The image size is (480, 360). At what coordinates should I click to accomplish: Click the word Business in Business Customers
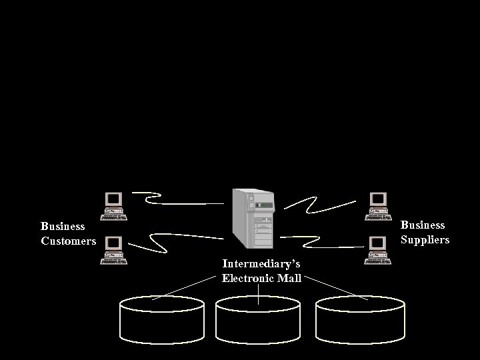click(x=63, y=227)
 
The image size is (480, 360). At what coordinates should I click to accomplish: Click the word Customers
click(x=69, y=241)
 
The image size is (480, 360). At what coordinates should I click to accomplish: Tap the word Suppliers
click(x=425, y=240)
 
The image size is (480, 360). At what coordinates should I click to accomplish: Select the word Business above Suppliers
click(x=423, y=225)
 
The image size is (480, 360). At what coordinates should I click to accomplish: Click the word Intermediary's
click(x=261, y=264)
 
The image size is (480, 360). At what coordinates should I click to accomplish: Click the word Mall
click(x=289, y=278)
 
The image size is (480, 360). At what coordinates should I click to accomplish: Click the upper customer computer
click(x=113, y=205)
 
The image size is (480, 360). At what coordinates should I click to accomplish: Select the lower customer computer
click(x=113, y=250)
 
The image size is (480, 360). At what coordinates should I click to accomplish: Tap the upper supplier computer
click(x=379, y=205)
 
